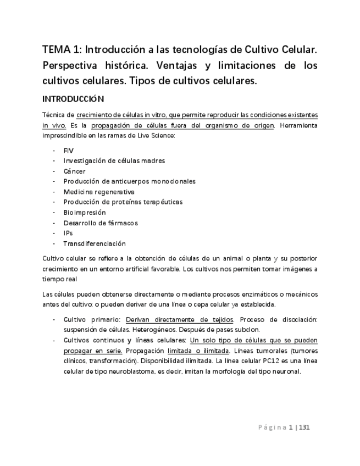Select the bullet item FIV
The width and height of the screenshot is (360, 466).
pyautogui.click(x=69, y=150)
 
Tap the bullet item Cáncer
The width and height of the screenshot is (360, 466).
pyautogui.click(x=75, y=171)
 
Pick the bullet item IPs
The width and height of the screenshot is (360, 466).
pyautogui.click(x=68, y=233)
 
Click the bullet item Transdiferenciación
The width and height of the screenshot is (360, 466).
pyautogui.click(x=95, y=243)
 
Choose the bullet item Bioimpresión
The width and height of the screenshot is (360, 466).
pyautogui.click(x=85, y=212)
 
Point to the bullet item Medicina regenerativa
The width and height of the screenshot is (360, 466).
pyautogui.click(x=99, y=192)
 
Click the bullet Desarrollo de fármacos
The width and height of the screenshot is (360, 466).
pyautogui.click(x=101, y=223)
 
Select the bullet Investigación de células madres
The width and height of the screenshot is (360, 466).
pyautogui.click(x=114, y=160)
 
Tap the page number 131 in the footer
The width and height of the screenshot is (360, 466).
pyautogui.click(x=305, y=426)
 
